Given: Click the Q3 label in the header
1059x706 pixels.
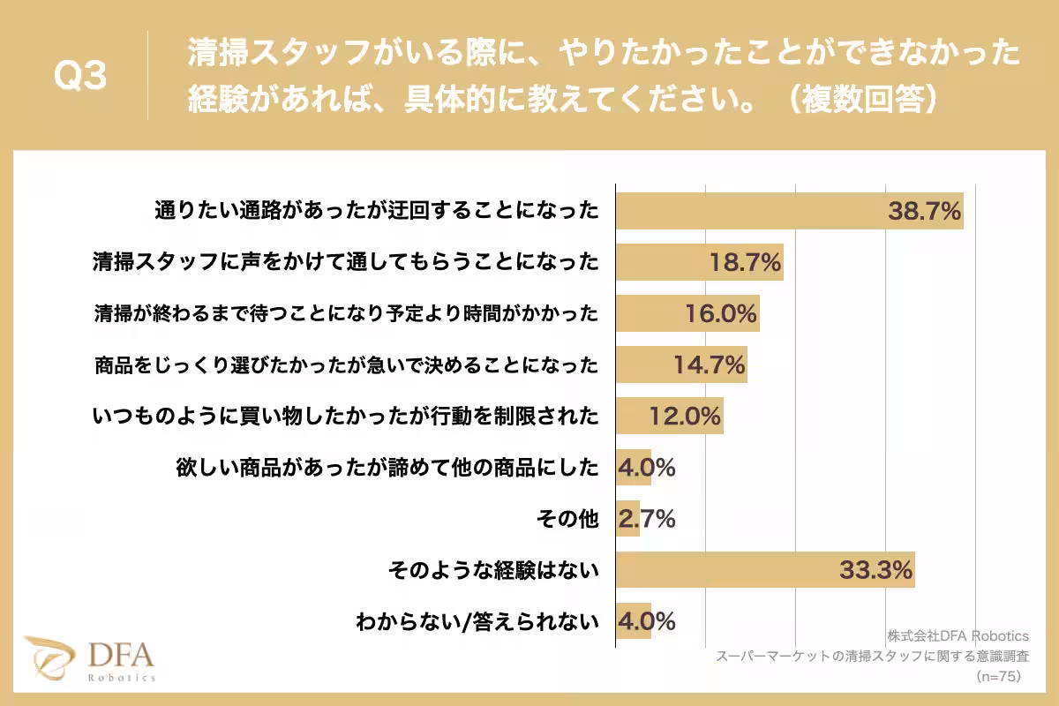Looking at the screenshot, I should click(x=80, y=77).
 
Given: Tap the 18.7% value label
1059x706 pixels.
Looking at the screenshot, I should click(x=746, y=261).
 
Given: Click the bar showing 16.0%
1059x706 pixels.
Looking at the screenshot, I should click(x=687, y=313).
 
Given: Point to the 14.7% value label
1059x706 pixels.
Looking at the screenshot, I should click(x=710, y=364).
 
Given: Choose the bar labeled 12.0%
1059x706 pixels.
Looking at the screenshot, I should click(x=669, y=415).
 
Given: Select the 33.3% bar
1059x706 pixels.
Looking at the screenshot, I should click(x=764, y=570).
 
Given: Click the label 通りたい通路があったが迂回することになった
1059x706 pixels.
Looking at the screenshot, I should click(x=377, y=211).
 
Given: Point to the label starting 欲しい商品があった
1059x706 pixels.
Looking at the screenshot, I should click(x=387, y=468).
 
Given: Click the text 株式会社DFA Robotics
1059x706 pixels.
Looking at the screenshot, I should click(x=958, y=636).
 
